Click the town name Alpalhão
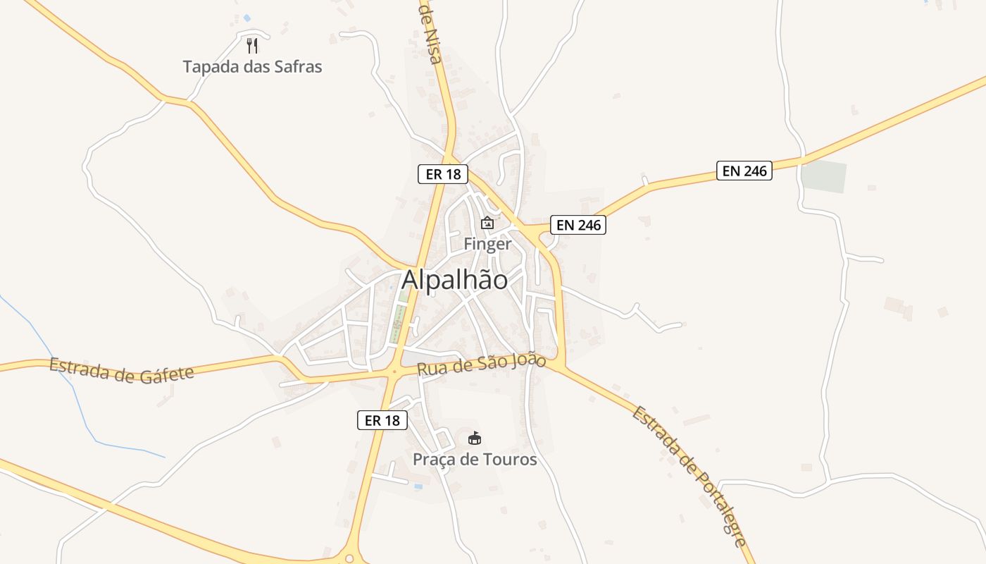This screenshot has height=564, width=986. pyautogui.click(x=454, y=280)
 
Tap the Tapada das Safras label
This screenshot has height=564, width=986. pyautogui.click(x=252, y=67)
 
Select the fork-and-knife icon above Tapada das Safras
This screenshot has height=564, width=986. pyautogui.click(x=252, y=46)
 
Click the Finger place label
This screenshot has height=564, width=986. pyautogui.click(x=487, y=244)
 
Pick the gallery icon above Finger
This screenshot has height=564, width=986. pyautogui.click(x=487, y=223)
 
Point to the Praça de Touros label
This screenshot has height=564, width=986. pyautogui.click(x=475, y=460)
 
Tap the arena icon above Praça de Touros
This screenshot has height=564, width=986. pyautogui.click(x=475, y=439)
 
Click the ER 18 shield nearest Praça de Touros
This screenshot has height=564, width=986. pyautogui.click(x=382, y=420)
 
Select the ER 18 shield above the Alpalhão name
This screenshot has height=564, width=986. pyautogui.click(x=443, y=173)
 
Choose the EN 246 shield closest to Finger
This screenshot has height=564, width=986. pyautogui.click(x=578, y=225)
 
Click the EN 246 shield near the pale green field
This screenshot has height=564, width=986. pyautogui.click(x=744, y=171)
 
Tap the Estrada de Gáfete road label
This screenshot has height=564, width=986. pyautogui.click(x=122, y=369)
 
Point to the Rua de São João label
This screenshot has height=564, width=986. pyautogui.click(x=481, y=364)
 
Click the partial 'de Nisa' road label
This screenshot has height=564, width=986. pyautogui.click(x=430, y=32)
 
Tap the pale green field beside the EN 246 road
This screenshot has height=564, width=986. pyautogui.click(x=823, y=176)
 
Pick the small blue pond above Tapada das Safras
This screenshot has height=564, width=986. pyautogui.click(x=246, y=18)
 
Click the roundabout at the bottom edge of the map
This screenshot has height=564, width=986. pyautogui.click(x=349, y=558)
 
